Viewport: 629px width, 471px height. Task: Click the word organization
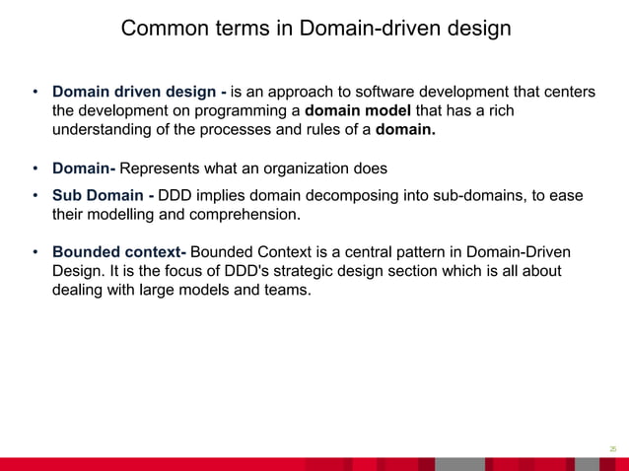point(312,168)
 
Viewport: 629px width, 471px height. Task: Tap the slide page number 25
point(612,448)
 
